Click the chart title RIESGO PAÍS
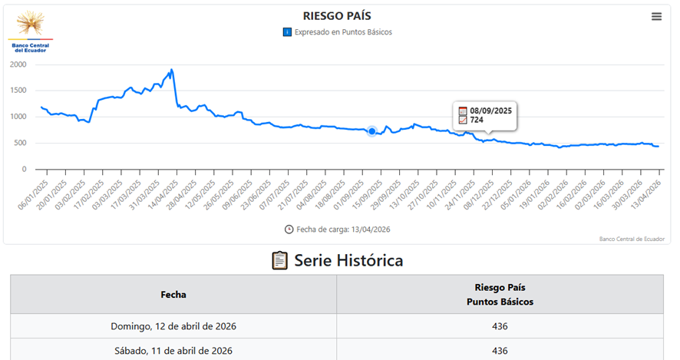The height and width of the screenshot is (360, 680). (337, 16)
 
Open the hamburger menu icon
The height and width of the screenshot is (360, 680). (656, 16)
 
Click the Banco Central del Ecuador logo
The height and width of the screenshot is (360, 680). (31, 31)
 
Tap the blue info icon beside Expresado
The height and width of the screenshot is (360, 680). (287, 32)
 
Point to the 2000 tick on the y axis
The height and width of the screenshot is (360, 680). (18, 64)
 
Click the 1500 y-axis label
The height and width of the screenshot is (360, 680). (18, 91)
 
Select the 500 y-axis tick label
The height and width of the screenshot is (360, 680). (21, 143)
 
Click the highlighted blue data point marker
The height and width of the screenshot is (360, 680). (372, 131)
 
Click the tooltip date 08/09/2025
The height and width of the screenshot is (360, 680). (490, 111)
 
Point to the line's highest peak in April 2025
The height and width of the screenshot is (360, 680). (171, 70)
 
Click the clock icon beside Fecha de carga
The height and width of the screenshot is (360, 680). (289, 229)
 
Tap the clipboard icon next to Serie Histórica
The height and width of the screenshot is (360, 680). (280, 261)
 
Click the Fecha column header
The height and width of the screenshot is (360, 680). (173, 294)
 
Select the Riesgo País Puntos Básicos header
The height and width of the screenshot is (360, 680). (500, 294)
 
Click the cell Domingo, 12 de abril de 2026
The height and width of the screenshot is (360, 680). (173, 326)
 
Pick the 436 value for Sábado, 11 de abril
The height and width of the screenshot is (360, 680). (500, 351)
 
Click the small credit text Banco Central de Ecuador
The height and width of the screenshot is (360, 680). (632, 239)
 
